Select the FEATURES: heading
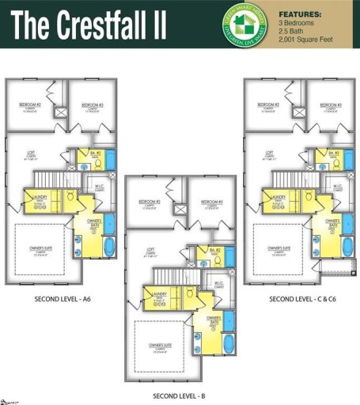point(301,14)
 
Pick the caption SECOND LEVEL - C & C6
point(305,300)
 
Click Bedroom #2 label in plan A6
point(35,106)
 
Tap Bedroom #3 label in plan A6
point(93,106)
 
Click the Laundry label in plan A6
point(36,198)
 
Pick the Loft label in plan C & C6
point(269,154)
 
